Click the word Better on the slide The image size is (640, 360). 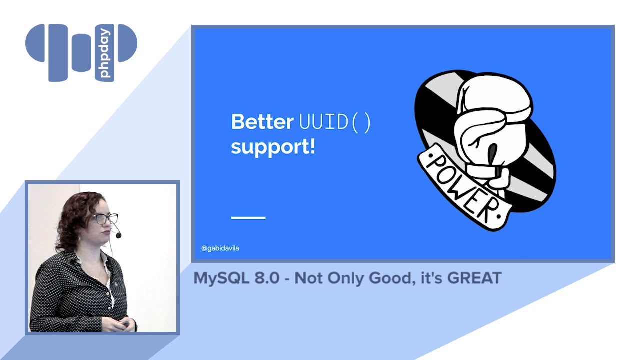pos(262,122)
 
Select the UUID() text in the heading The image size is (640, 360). pos(335,122)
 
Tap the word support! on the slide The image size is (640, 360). pos(273,148)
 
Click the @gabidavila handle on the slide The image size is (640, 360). pos(220,248)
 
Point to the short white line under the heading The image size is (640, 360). pos(248,217)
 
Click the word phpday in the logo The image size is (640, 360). pos(105,53)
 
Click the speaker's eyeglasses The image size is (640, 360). pos(106,219)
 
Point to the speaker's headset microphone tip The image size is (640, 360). pos(118,235)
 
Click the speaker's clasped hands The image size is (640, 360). pos(128,324)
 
